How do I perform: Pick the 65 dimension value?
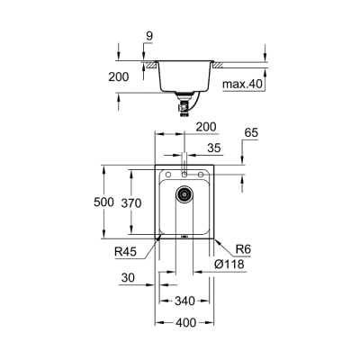coord(252,132)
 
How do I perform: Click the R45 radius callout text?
coord(126,253)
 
